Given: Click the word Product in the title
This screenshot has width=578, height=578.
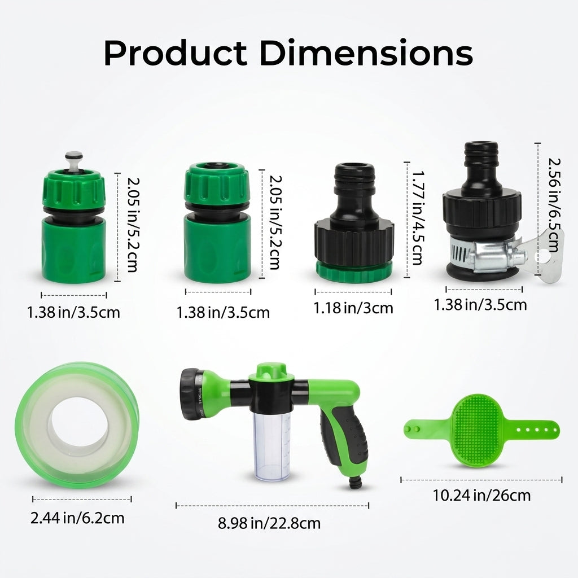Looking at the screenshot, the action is [x=175, y=52].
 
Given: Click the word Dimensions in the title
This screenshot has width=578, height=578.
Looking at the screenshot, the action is [x=366, y=52].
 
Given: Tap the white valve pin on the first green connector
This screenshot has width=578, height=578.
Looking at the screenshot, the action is [x=74, y=160].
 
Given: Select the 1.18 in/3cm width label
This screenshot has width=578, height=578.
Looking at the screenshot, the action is [x=353, y=308].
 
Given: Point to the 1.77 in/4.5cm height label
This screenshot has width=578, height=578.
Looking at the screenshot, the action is [x=418, y=217].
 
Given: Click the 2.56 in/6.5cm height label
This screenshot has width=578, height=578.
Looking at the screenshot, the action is [x=555, y=205].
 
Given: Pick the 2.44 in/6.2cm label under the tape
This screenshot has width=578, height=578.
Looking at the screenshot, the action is [x=77, y=518].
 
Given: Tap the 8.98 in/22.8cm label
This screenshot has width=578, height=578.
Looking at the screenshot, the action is [x=269, y=523].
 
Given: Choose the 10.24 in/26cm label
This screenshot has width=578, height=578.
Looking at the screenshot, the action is [x=481, y=495].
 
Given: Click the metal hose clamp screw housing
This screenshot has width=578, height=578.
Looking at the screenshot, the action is [x=491, y=256].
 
